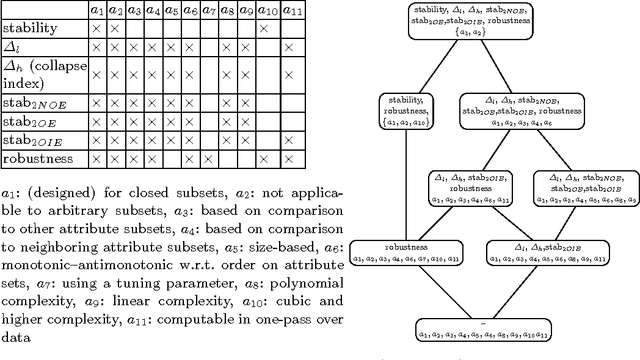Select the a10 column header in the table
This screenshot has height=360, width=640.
point(266,10)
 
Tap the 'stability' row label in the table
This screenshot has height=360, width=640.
point(29,29)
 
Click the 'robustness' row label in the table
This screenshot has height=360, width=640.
point(34,158)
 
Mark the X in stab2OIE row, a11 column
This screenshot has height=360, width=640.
point(289,139)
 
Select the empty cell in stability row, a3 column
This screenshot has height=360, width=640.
point(134,29)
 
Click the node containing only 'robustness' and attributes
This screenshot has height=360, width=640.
point(408,251)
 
